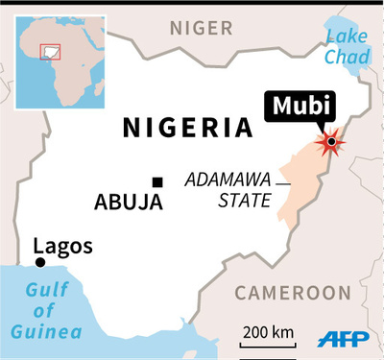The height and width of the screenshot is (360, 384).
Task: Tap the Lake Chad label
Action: (x=347, y=47)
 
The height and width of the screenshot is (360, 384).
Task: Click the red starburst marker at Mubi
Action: (x=331, y=142)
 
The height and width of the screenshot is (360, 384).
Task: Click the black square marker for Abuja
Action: (x=156, y=182)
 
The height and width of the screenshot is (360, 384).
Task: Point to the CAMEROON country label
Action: (x=293, y=291)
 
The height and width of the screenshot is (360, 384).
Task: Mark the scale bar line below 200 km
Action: (x=268, y=345)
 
